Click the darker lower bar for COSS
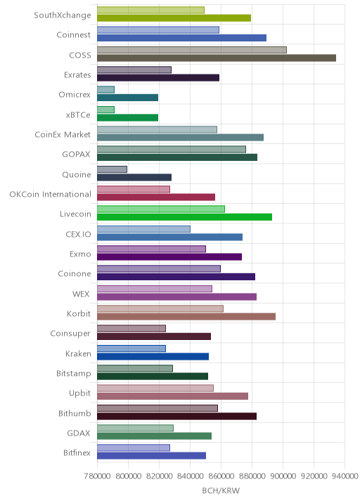217,58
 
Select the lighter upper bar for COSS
192,50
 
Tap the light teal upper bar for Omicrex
105,90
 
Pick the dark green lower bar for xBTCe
127,118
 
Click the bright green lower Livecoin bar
185,217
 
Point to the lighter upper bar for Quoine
112,169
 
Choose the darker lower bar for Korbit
186,317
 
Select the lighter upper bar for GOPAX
172,150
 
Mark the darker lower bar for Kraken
153,356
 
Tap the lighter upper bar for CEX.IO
143,229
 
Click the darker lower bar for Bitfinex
152,456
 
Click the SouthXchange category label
63,15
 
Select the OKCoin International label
51,195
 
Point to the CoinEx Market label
63,135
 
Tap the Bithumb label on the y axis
75,413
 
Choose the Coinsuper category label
70,334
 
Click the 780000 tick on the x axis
97,476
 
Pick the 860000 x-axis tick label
221,476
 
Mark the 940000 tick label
345,476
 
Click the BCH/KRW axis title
221,490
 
